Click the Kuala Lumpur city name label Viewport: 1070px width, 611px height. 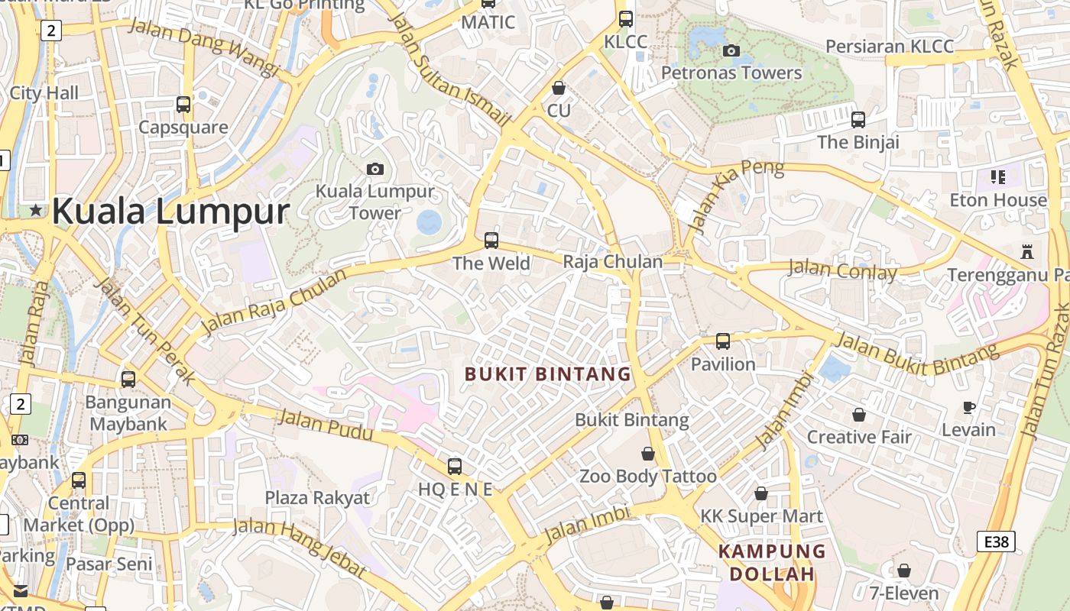click(170, 211)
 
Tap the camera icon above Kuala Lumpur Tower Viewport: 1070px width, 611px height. click(375, 169)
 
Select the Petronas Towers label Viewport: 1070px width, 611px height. click(731, 73)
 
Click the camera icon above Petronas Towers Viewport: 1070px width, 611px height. click(731, 51)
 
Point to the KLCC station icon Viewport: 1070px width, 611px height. click(626, 19)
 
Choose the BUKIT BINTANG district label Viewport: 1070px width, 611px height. click(548, 374)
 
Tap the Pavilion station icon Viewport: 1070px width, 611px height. click(723, 341)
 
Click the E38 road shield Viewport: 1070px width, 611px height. click(997, 542)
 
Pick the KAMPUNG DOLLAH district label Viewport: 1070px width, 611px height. click(772, 562)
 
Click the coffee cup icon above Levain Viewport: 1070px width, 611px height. click(968, 407)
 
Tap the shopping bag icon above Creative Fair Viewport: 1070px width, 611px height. click(859, 415)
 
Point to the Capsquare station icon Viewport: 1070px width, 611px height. click(183, 105)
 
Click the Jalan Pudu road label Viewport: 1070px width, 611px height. click(325, 425)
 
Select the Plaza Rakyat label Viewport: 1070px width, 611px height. click(317, 498)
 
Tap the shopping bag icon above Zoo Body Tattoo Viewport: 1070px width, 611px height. click(648, 454)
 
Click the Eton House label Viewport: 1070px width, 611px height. click(998, 200)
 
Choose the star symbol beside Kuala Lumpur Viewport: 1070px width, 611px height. click(35, 210)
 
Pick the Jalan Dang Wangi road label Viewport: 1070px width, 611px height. click(204, 46)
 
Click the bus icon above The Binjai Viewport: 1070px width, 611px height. click(858, 120)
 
